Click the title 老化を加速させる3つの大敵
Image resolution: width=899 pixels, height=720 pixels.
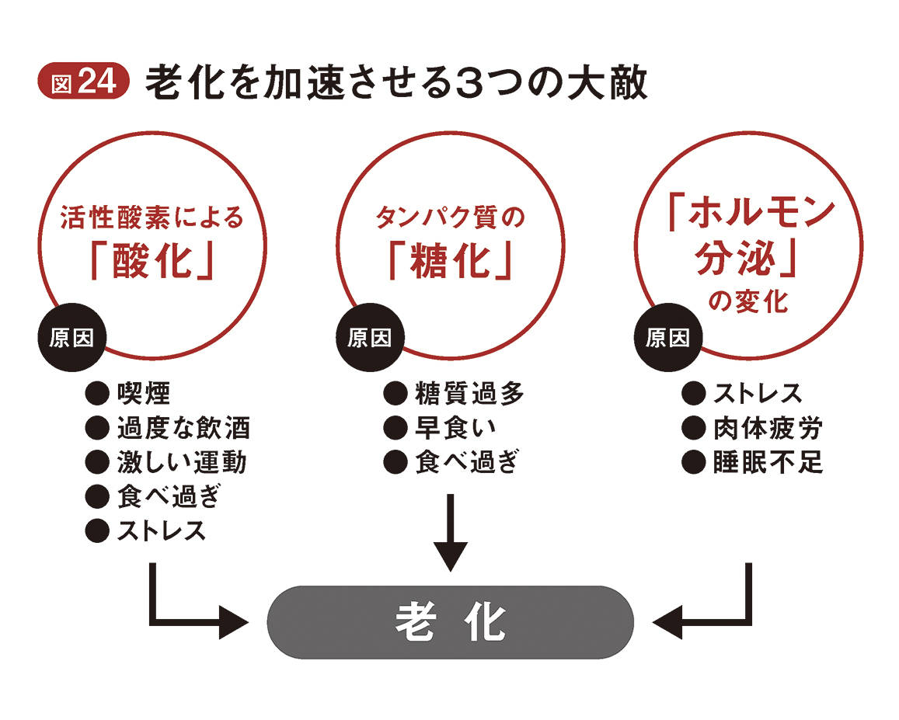pyautogui.click(x=395, y=84)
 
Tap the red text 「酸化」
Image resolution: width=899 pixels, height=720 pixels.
pyautogui.click(x=152, y=262)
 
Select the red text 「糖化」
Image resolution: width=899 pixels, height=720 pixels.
pyautogui.click(x=450, y=262)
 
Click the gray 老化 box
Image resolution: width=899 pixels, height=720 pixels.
pyautogui.click(x=450, y=621)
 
